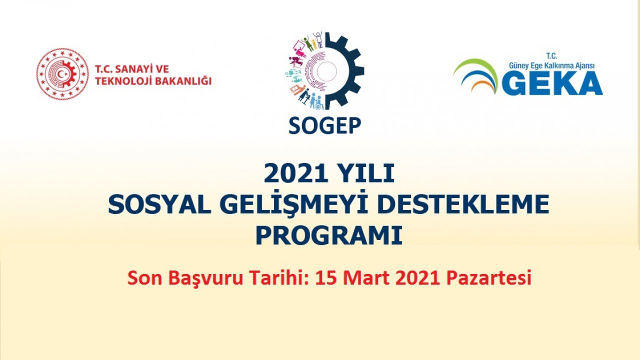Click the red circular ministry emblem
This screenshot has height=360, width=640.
click(x=62, y=74)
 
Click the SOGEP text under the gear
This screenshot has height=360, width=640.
click(x=324, y=126)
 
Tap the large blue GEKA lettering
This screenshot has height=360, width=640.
click(x=552, y=83)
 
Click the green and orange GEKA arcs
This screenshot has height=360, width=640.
click(x=475, y=75)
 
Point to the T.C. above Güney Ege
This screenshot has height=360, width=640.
click(x=551, y=56)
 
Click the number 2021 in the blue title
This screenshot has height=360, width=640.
click(x=291, y=173)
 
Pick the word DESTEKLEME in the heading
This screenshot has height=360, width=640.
click(x=463, y=205)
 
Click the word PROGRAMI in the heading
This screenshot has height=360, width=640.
click(x=329, y=235)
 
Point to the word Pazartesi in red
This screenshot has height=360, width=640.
click(x=488, y=278)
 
